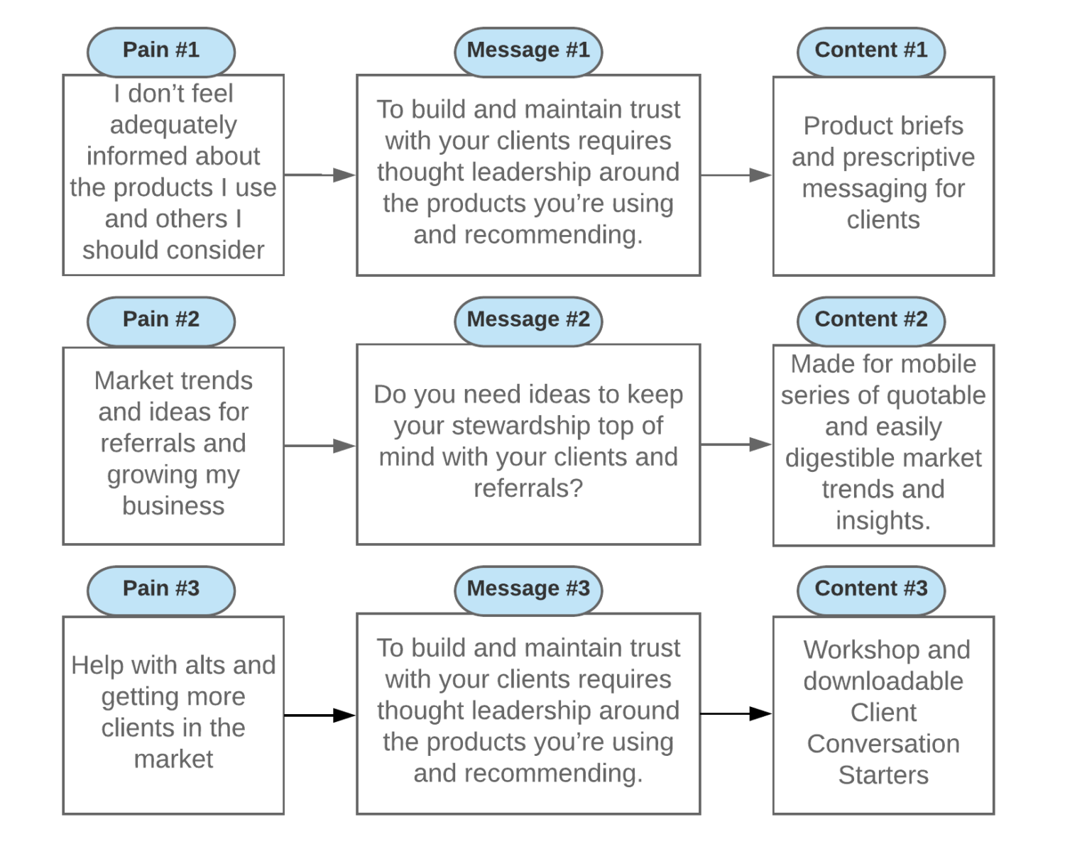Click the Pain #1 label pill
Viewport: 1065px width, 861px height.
161,51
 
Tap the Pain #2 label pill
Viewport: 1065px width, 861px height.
161,320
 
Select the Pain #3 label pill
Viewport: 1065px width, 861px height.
161,589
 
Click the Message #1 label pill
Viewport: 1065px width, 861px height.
528,51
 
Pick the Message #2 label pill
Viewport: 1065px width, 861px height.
528,320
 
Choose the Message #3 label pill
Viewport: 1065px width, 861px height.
528,589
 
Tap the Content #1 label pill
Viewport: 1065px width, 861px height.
871,51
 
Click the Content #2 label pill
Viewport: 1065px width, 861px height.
871,320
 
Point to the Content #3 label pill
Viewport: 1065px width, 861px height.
871,589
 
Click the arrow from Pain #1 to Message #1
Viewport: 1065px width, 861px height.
319,175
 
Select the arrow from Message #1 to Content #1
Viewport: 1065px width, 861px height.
736,175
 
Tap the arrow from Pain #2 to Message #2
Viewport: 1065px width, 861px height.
319,446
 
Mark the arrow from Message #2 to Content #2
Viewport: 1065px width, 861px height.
736,444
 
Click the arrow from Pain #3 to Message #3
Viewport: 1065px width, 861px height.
319,715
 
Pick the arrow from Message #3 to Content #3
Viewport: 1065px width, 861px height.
736,713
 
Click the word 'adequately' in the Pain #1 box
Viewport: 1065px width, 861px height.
173,126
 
